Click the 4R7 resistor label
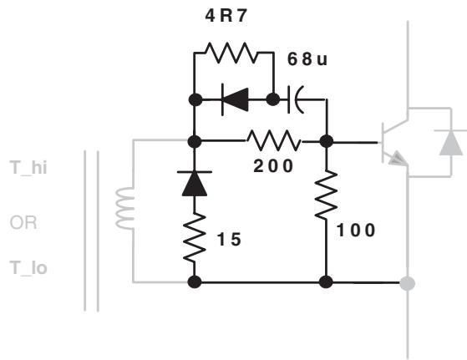coord(226,16)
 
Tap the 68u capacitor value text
coord(307,59)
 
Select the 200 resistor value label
coord(273,166)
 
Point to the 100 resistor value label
coord(356,231)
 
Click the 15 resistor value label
coord(230,240)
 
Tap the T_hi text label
coord(28,167)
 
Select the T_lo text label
coord(28,267)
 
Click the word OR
coord(23,222)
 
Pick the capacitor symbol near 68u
coord(296,99)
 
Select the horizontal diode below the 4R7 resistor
coord(235,99)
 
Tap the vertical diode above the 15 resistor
coord(195,184)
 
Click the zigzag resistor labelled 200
coord(274,140)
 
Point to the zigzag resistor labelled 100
coord(326,195)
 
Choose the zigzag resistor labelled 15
coord(195,238)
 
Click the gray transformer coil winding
coord(125,208)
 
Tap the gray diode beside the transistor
coord(451,142)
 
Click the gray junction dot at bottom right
coord(407,283)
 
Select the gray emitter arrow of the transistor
coord(398,159)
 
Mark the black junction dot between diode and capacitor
coord(273,99)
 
